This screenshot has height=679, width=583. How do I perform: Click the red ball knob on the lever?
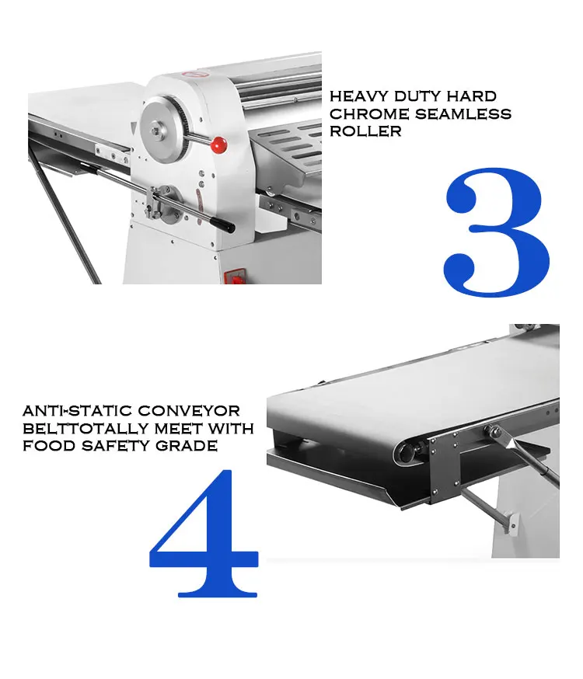pos(219,144)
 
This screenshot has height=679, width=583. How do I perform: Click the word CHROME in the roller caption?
pos(364,114)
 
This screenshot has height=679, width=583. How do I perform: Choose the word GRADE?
pos(187,446)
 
